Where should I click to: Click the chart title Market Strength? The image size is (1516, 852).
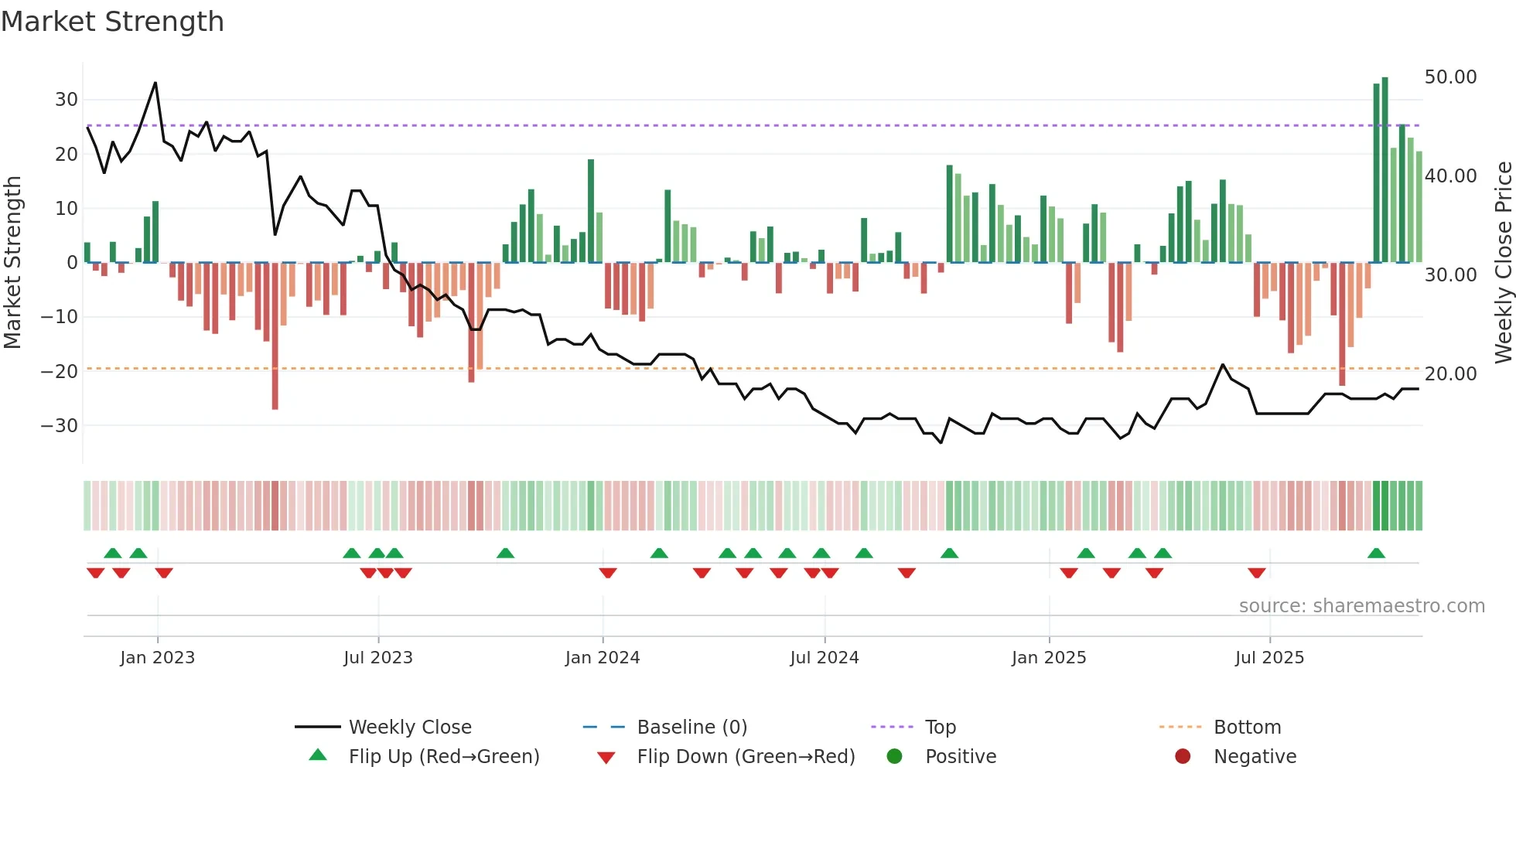coord(112,22)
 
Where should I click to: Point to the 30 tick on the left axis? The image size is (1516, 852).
coord(66,100)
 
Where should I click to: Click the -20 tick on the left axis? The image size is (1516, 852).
coord(60,371)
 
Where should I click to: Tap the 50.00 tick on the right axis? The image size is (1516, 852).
coord(1450,77)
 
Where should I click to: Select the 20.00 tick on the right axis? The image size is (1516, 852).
coord(1450,374)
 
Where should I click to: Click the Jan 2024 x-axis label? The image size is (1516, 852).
coord(602,658)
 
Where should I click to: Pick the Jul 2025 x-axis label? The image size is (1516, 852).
coord(1268,658)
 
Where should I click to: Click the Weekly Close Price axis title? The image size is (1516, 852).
coord(1503,263)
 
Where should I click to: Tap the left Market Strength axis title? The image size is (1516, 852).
coord(12,263)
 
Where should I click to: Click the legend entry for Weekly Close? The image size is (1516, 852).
coord(409,728)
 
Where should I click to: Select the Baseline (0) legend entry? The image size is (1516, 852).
coord(691,728)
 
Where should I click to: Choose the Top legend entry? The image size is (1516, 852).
coord(940,728)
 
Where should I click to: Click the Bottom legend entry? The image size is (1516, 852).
coord(1247,728)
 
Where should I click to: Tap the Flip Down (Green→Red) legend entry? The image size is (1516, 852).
coord(745,757)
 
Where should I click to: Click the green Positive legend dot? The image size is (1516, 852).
coord(895,757)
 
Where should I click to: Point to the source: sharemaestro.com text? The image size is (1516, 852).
coord(1361,606)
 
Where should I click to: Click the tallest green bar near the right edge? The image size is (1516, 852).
coord(1385,170)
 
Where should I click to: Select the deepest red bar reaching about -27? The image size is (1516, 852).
coord(275,336)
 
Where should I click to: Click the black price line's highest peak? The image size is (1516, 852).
coord(155,83)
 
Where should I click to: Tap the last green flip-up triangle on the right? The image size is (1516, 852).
coord(1376,554)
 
